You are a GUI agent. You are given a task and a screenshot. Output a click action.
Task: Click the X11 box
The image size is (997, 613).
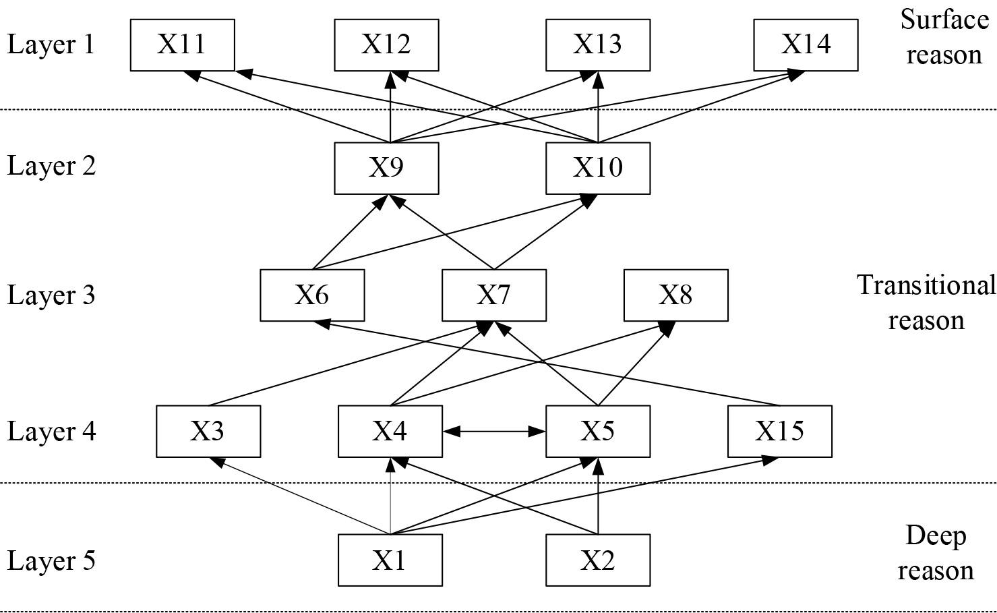click(x=182, y=45)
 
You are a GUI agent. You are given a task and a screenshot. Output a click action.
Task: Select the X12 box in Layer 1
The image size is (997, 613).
click(x=386, y=45)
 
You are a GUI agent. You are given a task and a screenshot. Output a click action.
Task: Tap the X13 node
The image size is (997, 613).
click(x=597, y=45)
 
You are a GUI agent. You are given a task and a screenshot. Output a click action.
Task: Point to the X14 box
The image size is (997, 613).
click(x=806, y=45)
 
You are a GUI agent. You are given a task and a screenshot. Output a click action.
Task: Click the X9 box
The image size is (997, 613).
click(x=386, y=168)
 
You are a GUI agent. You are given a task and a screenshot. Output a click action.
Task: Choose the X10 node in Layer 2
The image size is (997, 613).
click(x=597, y=168)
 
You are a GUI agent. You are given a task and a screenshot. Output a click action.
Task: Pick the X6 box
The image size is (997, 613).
click(x=312, y=295)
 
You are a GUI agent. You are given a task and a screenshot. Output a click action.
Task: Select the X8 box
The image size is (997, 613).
click(x=675, y=295)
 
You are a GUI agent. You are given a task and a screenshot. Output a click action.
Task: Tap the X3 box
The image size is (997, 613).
click(x=208, y=431)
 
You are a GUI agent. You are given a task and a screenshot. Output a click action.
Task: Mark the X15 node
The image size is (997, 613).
click(x=779, y=431)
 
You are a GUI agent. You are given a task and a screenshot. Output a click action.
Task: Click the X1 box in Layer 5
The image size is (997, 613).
click(x=390, y=560)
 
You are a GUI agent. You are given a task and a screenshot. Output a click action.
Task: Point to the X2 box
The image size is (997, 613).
click(x=597, y=560)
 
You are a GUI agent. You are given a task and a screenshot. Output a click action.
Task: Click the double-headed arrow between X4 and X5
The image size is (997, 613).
click(x=493, y=430)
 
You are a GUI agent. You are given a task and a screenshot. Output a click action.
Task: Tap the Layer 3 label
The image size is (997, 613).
click(x=51, y=295)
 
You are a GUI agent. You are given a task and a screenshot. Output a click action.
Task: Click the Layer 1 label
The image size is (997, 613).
click(x=51, y=45)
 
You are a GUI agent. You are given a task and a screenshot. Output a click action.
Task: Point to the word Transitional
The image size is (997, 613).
click(x=926, y=285)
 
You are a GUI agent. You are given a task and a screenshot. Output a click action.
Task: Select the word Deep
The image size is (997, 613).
click(x=936, y=535)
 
